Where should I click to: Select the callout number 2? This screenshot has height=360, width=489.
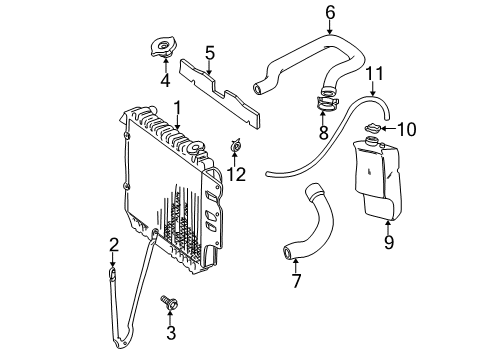point(113,243)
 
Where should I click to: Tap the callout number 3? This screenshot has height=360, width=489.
point(170,332)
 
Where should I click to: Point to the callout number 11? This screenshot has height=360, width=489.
point(374,71)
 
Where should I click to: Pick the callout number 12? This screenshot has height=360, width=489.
point(237,176)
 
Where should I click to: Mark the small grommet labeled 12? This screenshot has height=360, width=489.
point(237,150)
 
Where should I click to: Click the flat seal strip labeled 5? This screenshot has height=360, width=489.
point(215,88)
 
